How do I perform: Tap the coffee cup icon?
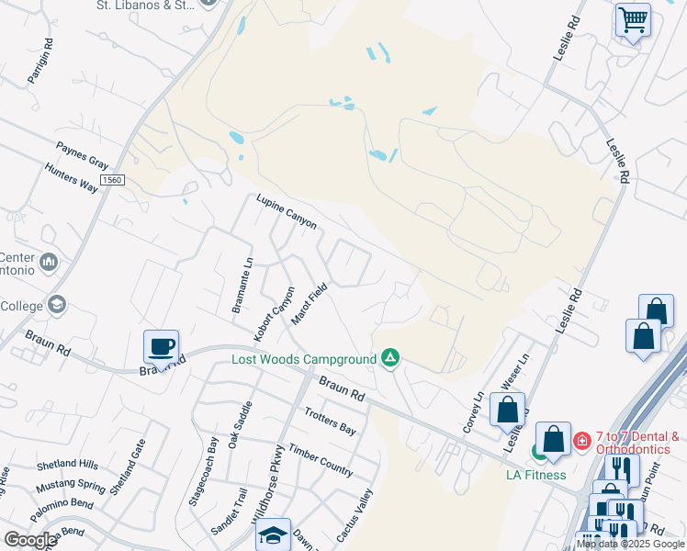pyautogui.click(x=161, y=347)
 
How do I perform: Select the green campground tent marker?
pyautogui.click(x=390, y=357)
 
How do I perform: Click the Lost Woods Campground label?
pyautogui.click(x=304, y=359)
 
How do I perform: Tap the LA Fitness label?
pyautogui.click(x=536, y=475)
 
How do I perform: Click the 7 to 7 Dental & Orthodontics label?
pyautogui.click(x=637, y=443)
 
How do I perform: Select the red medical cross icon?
pyautogui.click(x=581, y=442)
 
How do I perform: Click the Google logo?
pyautogui.click(x=30, y=540)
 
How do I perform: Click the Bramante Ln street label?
pyautogui.click(x=242, y=285)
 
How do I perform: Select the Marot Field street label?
pyautogui.click(x=310, y=303)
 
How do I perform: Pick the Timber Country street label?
pyautogui.click(x=320, y=459)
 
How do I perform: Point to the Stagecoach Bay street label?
pyautogui.click(x=203, y=472)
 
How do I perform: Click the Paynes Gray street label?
pyautogui.click(x=82, y=153)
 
